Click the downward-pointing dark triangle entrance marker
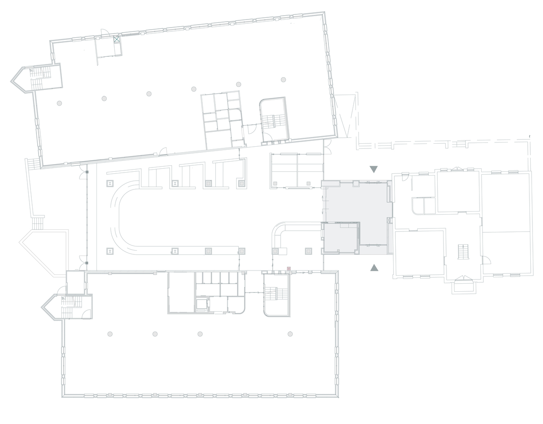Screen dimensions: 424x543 (373, 169)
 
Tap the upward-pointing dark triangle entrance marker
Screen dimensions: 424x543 (374, 268)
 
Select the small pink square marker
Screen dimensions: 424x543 (289, 268)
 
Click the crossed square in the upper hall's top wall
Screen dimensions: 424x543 (116, 39)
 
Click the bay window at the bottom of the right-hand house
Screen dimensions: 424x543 (464, 284)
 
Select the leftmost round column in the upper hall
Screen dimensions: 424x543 (59, 103)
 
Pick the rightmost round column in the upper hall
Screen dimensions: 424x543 (283, 79)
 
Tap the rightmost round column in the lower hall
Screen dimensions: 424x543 (290, 333)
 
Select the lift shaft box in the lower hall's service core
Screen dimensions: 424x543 (201, 305)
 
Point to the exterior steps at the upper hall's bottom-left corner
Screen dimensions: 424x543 (33, 163)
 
